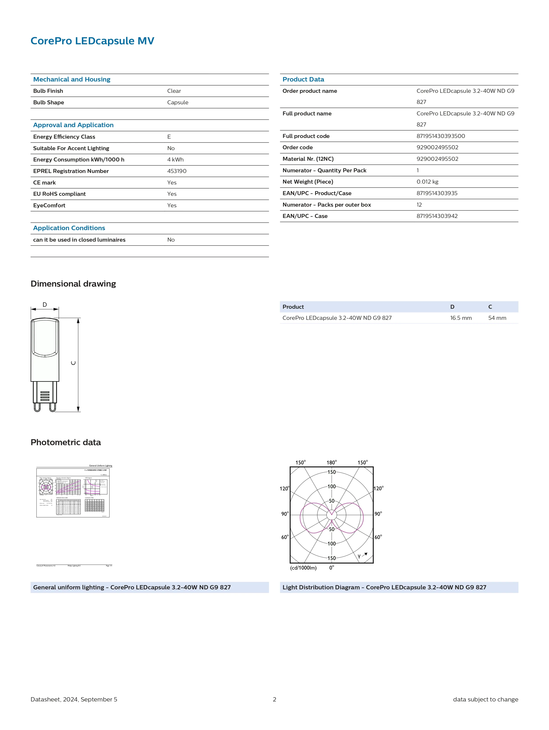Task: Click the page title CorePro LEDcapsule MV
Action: tap(92, 41)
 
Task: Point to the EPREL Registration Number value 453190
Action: tap(177, 171)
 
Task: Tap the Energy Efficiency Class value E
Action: tap(169, 137)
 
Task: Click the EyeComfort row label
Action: tap(49, 205)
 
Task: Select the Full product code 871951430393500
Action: tap(441, 136)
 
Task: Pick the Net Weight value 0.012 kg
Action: tap(427, 182)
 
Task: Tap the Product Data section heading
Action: tap(303, 80)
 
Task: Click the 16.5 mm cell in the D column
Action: tap(461, 318)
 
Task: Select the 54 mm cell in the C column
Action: tap(497, 318)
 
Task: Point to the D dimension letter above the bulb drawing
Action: tap(45, 305)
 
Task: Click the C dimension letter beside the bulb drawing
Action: tap(73, 363)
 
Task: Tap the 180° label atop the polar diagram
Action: tap(332, 462)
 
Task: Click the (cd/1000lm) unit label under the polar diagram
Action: tap(303, 568)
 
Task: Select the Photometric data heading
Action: tap(66, 443)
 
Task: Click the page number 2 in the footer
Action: tap(274, 699)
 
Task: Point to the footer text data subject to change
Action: tap(485, 699)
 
